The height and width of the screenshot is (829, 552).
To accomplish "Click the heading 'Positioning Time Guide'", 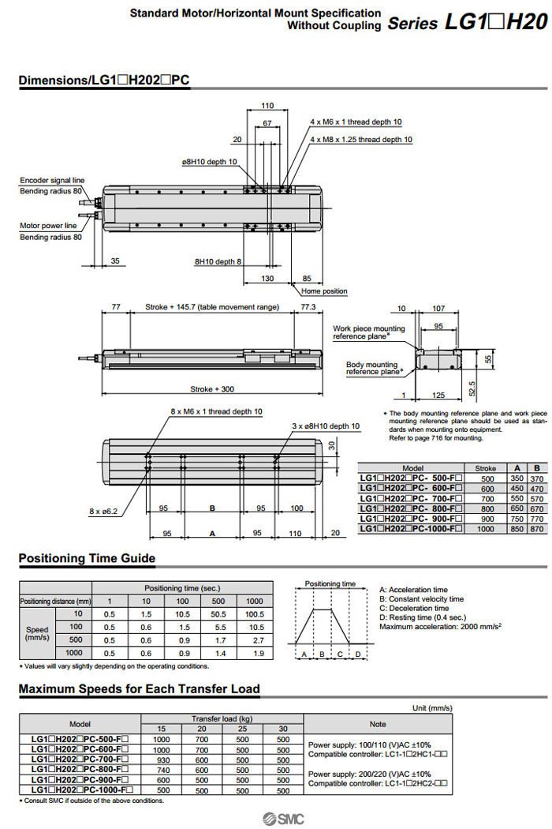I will click(x=87, y=558).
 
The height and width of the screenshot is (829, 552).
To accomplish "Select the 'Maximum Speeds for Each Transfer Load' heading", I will click(x=139, y=688).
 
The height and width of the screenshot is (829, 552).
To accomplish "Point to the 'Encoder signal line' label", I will click(x=52, y=180).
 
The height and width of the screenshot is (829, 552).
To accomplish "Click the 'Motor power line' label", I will click(x=49, y=225).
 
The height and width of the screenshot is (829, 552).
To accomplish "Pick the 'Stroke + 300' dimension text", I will click(x=211, y=388).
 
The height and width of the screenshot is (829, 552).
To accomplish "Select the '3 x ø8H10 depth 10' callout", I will click(x=325, y=426).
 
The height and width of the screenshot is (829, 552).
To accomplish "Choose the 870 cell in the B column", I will click(x=538, y=528).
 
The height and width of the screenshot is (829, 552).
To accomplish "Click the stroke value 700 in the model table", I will click(x=487, y=499).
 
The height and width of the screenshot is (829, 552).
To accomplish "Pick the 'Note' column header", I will click(x=378, y=723).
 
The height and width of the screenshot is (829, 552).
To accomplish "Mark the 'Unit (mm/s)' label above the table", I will click(x=432, y=707).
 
